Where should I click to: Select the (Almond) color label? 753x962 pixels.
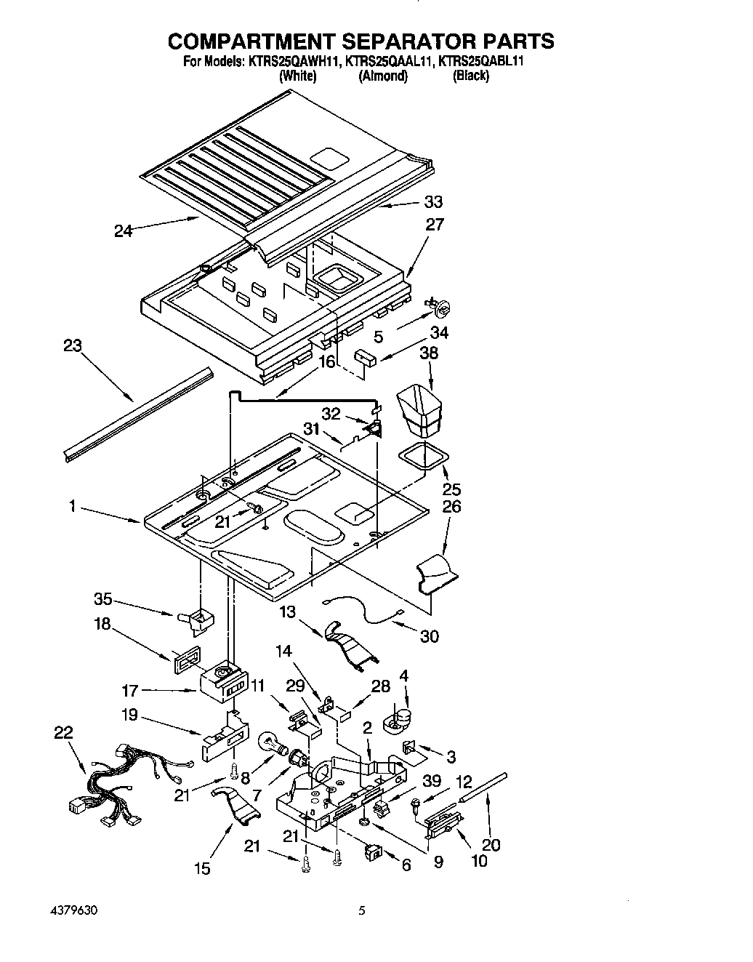click(382, 76)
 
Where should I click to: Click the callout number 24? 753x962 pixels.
click(124, 231)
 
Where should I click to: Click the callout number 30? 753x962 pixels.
click(429, 636)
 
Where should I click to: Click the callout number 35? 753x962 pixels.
click(103, 599)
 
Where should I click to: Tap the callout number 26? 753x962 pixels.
click(451, 506)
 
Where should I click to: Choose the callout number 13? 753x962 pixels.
click(288, 612)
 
